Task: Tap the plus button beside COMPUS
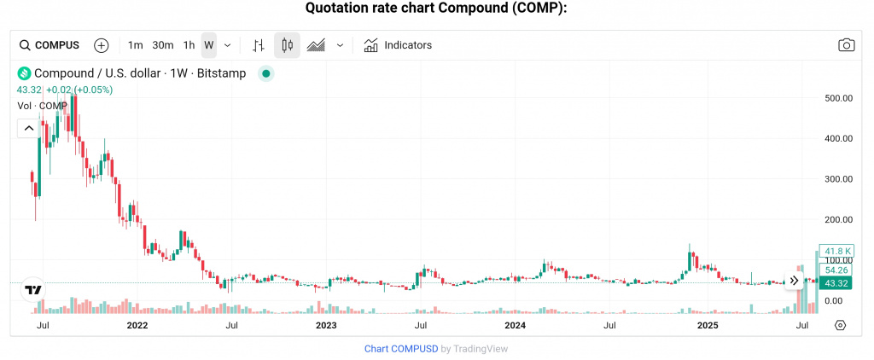click(x=102, y=45)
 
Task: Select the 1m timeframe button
click(x=135, y=45)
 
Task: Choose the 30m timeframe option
click(x=163, y=45)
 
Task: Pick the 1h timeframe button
click(x=189, y=45)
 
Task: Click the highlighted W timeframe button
click(x=209, y=45)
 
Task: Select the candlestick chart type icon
click(x=287, y=45)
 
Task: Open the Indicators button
click(x=398, y=45)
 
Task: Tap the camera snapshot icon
click(x=846, y=45)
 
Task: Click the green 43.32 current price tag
click(x=837, y=282)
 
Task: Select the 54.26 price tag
click(x=837, y=270)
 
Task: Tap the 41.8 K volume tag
click(x=837, y=251)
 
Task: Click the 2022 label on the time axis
click(x=137, y=325)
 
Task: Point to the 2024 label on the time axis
click(x=515, y=325)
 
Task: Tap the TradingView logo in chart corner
click(x=33, y=290)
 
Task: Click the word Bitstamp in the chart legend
click(x=221, y=73)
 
